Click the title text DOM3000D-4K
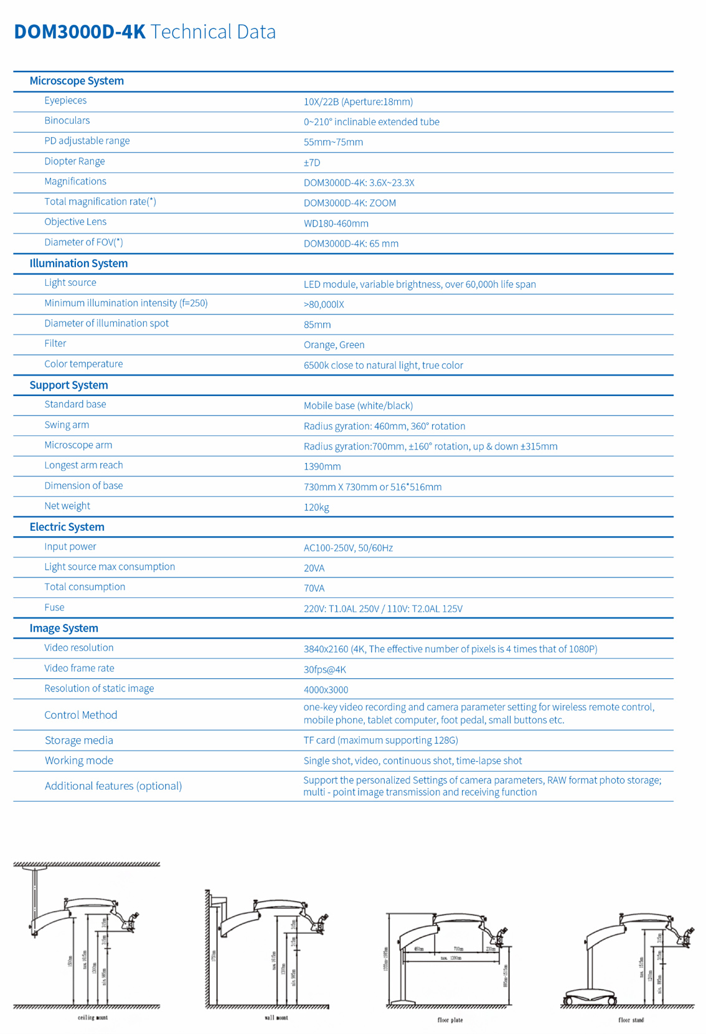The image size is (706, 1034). pos(80,32)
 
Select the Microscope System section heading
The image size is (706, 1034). pos(77,81)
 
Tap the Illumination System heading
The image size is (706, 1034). pos(78,263)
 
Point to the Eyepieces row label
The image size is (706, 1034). pos(65,101)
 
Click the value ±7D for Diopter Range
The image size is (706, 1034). pos(312,163)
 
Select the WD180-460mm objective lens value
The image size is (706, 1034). pos(336,224)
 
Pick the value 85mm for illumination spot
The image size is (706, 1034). pos(317,325)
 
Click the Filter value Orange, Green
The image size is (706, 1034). pos(334,345)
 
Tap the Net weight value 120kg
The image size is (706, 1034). pos(316,507)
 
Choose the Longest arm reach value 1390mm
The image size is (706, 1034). pos(322,467)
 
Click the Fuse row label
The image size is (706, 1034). pos(54,607)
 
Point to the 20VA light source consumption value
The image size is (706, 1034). pos(314,568)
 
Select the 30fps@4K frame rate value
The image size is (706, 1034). pos(324,670)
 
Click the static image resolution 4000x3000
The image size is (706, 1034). pos(326,690)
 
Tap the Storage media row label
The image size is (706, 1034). pos(79,741)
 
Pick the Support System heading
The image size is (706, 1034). pos(68,385)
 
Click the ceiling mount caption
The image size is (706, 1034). pos(93,1018)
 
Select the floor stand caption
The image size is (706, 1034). pos(631,1020)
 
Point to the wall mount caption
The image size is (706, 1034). pos(276,1018)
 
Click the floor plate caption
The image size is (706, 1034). pos(450,1020)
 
